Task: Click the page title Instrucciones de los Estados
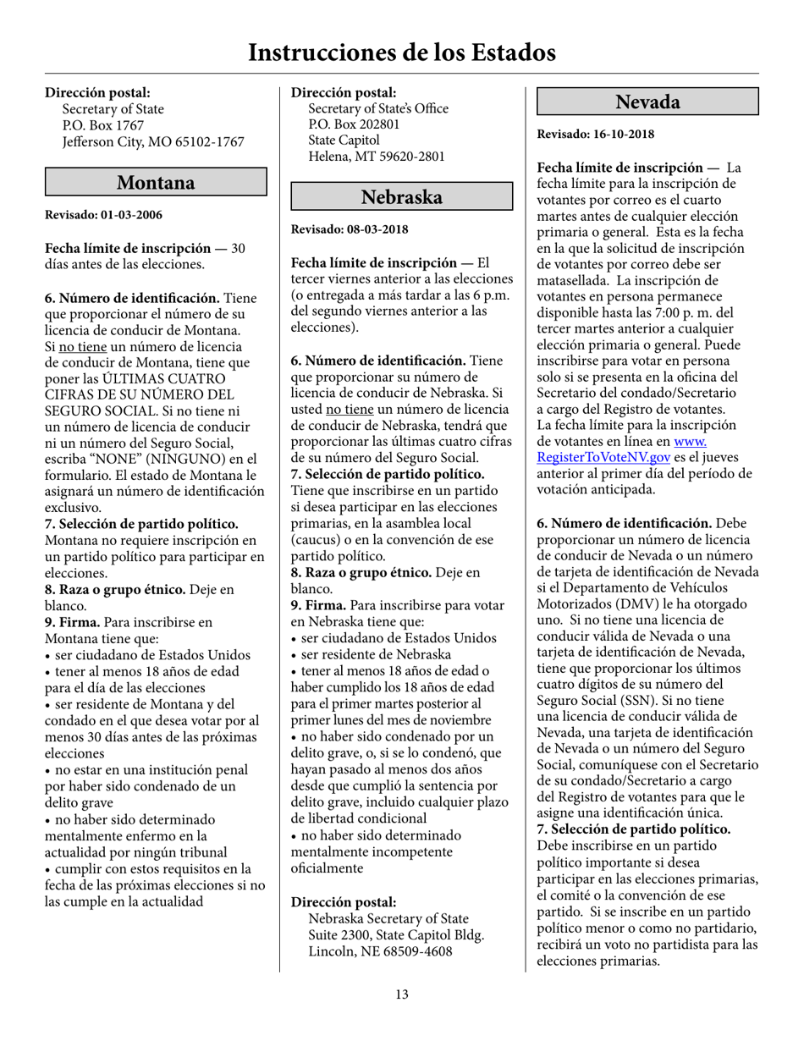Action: click(401, 52)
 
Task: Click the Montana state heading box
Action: click(156, 182)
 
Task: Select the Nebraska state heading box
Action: click(402, 196)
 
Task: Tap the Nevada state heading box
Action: click(647, 102)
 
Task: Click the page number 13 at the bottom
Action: click(401, 994)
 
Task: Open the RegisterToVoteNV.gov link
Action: click(604, 456)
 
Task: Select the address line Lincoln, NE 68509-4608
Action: click(380, 951)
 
